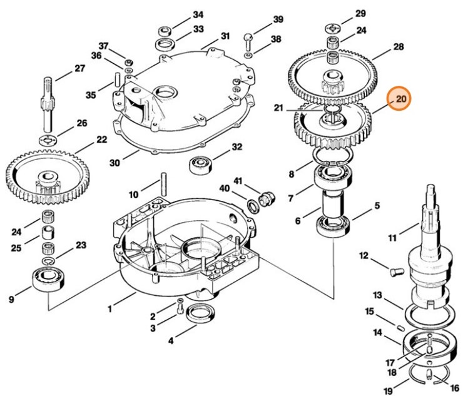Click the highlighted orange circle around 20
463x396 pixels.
pos(400,98)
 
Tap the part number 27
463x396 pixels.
pos(79,69)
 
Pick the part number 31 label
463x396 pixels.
pos(225,36)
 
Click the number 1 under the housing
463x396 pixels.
pos(109,308)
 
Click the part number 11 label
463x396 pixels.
pos(392,238)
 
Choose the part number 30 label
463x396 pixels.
pos(114,163)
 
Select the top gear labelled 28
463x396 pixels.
pos(331,75)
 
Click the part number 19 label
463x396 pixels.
pos(387,392)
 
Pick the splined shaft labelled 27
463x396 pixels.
pos(47,100)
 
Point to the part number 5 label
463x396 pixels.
pos(377,206)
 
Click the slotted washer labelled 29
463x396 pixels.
pos(333,28)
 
